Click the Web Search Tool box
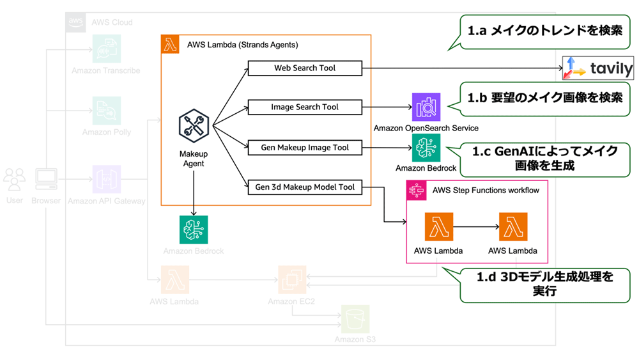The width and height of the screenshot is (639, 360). (x=305, y=68)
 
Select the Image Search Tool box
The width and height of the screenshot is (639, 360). (x=305, y=107)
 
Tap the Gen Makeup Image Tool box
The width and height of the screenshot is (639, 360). (x=305, y=148)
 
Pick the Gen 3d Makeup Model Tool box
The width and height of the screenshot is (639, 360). (x=305, y=187)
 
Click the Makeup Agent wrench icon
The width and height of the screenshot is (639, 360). (x=193, y=126)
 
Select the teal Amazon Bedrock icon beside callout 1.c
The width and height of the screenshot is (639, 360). (x=426, y=148)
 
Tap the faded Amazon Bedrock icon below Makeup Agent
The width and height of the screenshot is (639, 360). (x=193, y=230)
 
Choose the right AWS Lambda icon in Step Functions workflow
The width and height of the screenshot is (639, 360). (x=512, y=228)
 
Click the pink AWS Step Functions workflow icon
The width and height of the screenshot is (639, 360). (x=417, y=190)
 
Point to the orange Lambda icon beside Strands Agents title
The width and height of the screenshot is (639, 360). (x=170, y=45)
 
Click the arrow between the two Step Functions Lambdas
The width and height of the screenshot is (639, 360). (x=475, y=228)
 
